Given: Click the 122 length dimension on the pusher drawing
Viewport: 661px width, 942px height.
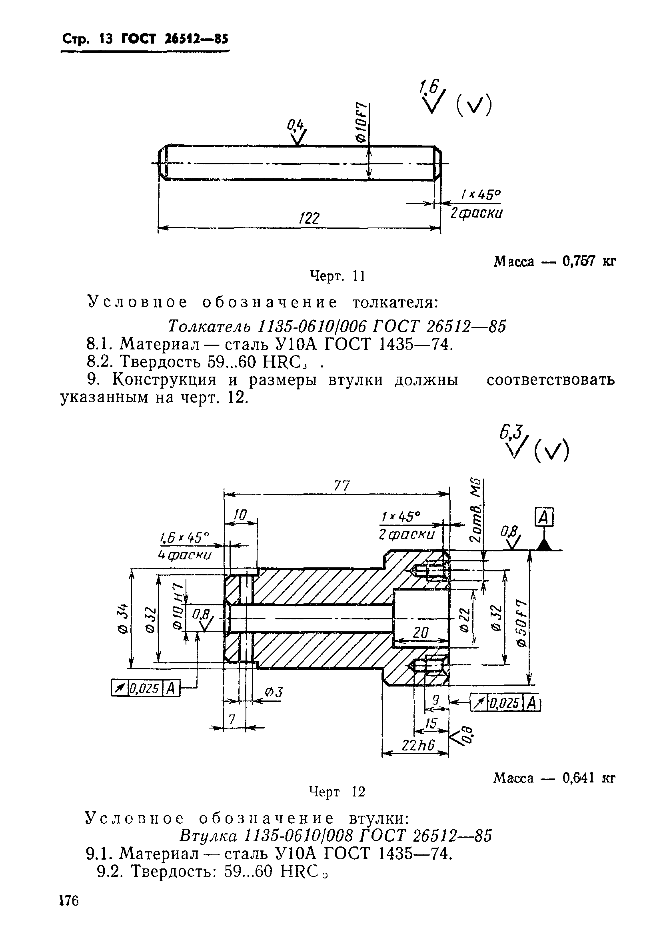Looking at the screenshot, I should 310,218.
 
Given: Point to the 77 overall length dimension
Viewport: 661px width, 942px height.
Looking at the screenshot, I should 341,486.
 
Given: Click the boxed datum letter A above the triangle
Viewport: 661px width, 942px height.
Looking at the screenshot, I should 544,518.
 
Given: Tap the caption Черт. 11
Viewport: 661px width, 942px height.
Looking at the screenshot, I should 337,276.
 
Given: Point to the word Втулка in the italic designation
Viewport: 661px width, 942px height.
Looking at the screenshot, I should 208,835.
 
